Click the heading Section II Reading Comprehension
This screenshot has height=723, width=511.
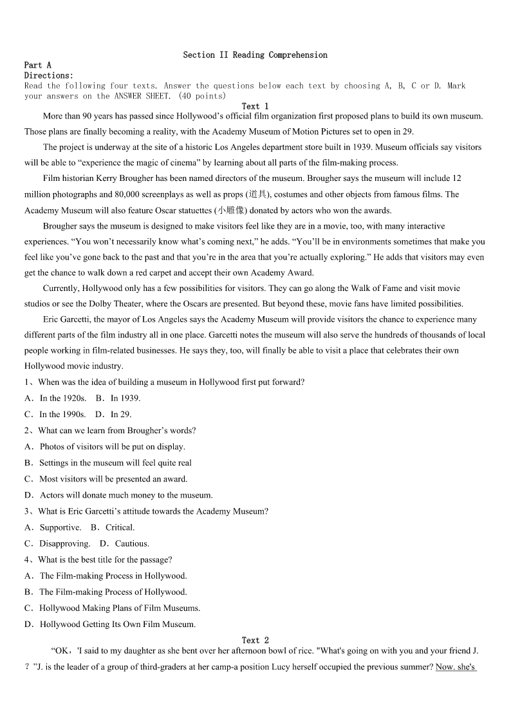255,55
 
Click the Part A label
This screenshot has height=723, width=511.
37,65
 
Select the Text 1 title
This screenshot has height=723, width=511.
255,106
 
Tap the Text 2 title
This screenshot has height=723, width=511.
255,640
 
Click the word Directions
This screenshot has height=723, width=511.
48,75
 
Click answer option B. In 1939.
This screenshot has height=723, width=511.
118,399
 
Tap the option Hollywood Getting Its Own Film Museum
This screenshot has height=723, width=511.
110,624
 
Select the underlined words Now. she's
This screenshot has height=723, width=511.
456,667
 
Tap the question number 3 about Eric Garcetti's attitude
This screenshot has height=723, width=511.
28,511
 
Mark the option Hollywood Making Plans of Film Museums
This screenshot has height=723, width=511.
113,608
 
